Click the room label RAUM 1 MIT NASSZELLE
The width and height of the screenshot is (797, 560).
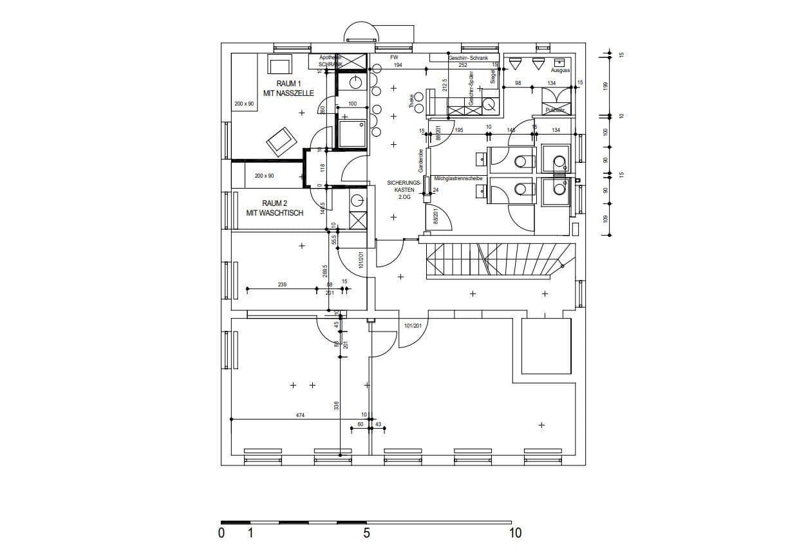click(288, 89)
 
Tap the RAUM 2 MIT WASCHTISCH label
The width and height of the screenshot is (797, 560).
click(274, 208)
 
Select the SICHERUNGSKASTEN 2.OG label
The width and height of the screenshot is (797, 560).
click(404, 190)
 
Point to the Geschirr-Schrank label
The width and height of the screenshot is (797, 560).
click(468, 58)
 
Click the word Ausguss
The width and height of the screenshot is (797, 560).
click(559, 70)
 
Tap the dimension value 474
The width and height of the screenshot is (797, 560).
click(300, 416)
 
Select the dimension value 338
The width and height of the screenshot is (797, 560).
click(336, 406)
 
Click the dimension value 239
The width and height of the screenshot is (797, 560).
click(282, 285)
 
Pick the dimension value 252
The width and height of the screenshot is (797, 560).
click(462, 66)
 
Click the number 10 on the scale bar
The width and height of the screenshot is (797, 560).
click(515, 534)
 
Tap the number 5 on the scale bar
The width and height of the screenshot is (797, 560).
click(366, 534)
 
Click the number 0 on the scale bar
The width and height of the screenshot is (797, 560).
click(221, 534)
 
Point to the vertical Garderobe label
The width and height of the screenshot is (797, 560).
click(420, 161)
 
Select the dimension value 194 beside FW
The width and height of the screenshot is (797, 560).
click(398, 66)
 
